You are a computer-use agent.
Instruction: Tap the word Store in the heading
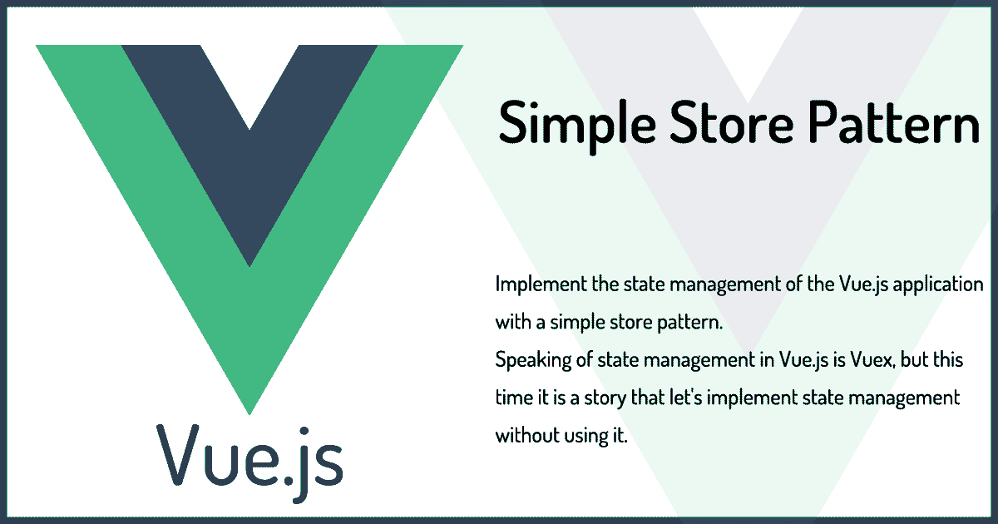[732, 121]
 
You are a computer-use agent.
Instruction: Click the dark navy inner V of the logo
[249, 134]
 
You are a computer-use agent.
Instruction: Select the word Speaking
[533, 361]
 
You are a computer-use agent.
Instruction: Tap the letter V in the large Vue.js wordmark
[178, 454]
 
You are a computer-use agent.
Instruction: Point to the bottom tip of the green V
[249, 414]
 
